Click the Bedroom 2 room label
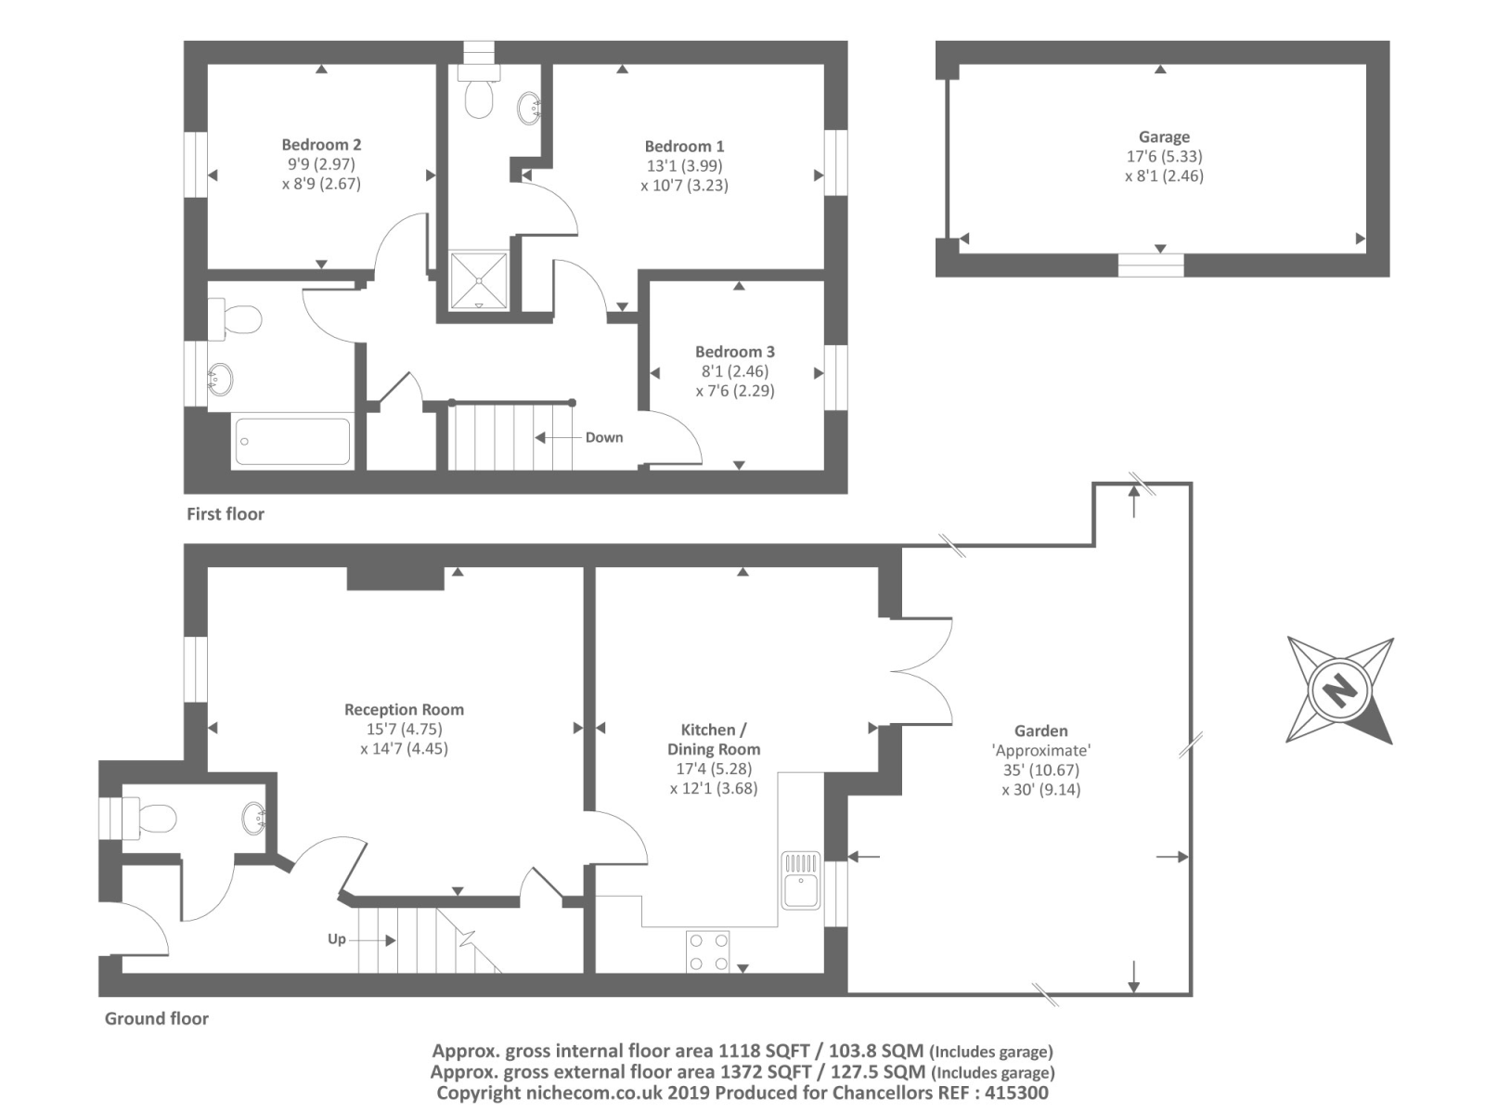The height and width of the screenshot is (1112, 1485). [321, 145]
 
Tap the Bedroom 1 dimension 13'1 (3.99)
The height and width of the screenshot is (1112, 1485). [684, 166]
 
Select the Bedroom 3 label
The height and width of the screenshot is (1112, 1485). [734, 352]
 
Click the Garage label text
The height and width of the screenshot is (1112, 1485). [1164, 137]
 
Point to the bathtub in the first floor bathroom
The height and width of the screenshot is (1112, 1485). [292, 442]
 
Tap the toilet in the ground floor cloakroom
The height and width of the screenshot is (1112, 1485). [153, 819]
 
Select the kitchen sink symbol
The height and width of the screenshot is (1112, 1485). [800, 881]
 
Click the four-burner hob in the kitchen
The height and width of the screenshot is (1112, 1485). [707, 951]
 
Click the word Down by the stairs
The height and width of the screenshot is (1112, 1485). [603, 438]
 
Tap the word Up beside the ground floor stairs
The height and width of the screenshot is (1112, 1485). [336, 939]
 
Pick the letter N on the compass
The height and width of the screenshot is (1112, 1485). [1338, 691]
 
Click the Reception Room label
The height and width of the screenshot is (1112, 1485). [404, 710]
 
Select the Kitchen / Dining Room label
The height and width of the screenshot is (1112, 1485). [713, 740]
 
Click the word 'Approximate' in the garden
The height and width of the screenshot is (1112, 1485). [1040, 751]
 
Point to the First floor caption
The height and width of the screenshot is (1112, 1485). [226, 514]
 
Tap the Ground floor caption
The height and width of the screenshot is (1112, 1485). [156, 1019]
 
